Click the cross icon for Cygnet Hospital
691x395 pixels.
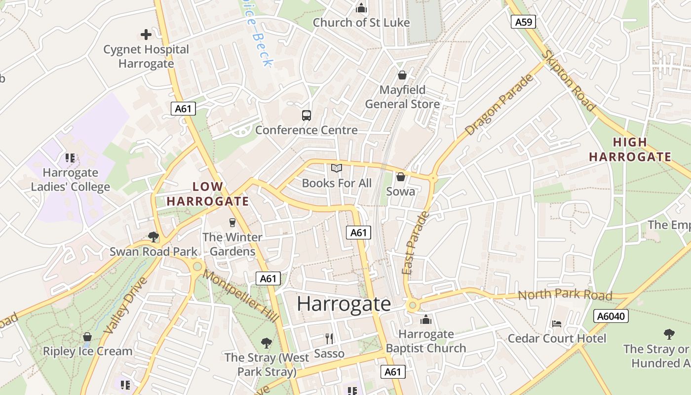coord(146,35)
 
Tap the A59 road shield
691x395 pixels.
coord(523,22)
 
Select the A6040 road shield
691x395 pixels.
coord(611,316)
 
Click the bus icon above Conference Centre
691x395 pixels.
coord(307,116)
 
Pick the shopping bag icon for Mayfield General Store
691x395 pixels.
coord(402,75)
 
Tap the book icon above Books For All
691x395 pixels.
coord(337,169)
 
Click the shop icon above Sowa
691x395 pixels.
coord(401,177)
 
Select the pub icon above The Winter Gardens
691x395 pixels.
coord(232,223)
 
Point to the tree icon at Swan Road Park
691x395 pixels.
coord(154,237)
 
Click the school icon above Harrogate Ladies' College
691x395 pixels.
coord(70,158)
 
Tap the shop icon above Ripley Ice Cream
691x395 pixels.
coord(87,337)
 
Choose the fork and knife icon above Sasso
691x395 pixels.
coord(329,339)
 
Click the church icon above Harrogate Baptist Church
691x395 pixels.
coord(426,320)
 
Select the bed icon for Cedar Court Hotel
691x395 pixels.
coord(557,324)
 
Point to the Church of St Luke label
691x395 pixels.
coord(361,23)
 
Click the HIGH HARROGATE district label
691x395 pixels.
coord(630,150)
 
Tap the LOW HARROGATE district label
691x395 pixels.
coord(208,194)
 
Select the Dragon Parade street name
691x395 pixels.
coord(499,105)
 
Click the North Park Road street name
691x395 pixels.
coord(565,295)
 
